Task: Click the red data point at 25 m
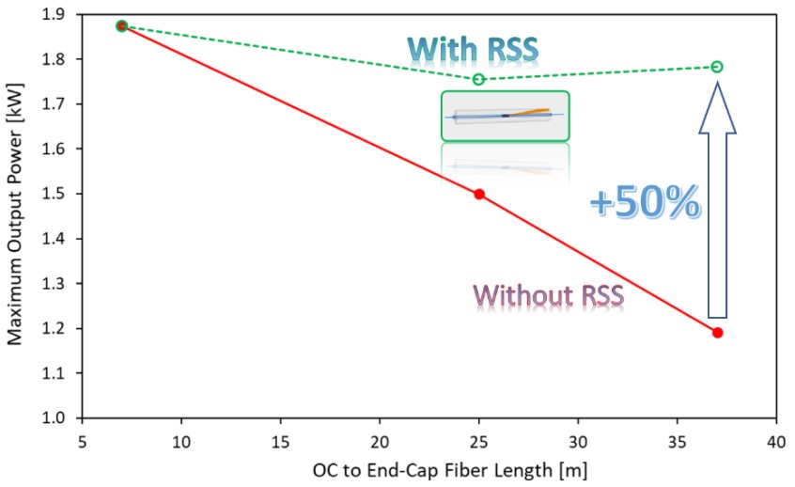pos(479,195)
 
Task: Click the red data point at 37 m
pos(717,333)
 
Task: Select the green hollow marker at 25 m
pos(479,80)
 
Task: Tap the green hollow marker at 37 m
pos(717,67)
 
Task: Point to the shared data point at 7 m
pos(122,26)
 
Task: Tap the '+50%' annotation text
pos(645,202)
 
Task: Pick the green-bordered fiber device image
pos(506,116)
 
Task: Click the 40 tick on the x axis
pos(776,440)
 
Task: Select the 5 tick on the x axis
pos(83,440)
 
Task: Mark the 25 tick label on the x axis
pos(479,440)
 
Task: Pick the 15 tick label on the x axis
pos(281,440)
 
